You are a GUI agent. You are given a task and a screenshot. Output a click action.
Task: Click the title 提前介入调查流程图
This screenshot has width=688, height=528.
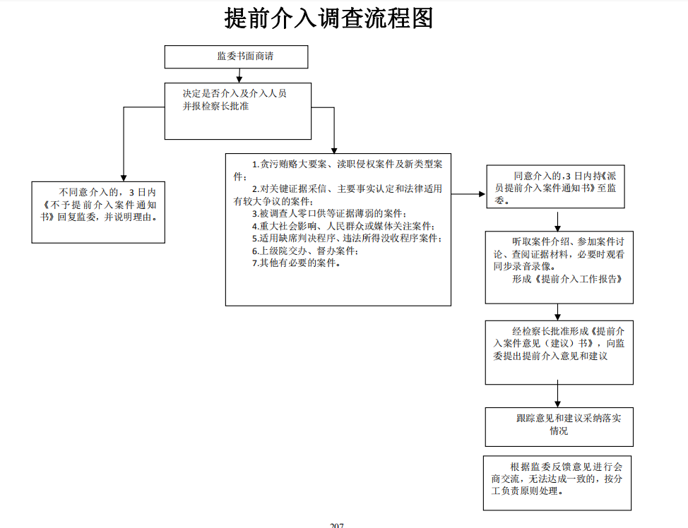[328, 18]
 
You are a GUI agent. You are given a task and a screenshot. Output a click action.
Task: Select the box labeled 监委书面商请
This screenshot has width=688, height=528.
[236, 56]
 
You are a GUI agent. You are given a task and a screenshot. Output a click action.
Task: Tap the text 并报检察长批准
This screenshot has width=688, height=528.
[215, 106]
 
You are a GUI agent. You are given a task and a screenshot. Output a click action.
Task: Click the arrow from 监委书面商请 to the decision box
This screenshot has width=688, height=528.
[239, 76]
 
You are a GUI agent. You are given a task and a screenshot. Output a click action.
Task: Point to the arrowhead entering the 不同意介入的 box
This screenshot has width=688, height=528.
[124, 178]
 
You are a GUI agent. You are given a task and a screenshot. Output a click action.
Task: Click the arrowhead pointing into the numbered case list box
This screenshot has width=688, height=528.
[334, 150]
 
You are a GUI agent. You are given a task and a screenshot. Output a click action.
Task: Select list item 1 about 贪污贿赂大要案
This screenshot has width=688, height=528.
[338, 170]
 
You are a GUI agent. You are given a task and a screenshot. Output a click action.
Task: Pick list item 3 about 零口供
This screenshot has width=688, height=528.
[329, 214]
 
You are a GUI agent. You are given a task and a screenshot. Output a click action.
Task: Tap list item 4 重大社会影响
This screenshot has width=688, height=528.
[343, 227]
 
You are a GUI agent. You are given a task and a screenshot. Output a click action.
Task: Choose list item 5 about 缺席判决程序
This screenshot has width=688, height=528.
[347, 238]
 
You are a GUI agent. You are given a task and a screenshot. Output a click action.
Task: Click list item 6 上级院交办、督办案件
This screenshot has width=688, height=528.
[305, 251]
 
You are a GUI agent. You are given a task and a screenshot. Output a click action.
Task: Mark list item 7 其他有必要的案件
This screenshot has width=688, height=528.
[296, 263]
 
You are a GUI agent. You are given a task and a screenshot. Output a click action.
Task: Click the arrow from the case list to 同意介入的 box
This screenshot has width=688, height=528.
[468, 194]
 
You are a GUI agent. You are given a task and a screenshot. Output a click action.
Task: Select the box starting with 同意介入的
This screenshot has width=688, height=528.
[555, 186]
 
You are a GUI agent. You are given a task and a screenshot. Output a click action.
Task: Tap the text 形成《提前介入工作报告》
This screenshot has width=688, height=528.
[567, 279]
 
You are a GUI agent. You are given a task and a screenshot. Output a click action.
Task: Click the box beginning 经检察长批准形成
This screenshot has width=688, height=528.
[559, 352]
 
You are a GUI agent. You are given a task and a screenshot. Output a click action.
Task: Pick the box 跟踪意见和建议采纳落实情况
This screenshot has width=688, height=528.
[559, 426]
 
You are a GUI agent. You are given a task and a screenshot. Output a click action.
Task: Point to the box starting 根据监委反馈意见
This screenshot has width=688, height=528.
[557, 483]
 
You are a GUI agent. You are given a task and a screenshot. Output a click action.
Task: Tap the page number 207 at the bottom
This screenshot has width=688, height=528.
[336, 525]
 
